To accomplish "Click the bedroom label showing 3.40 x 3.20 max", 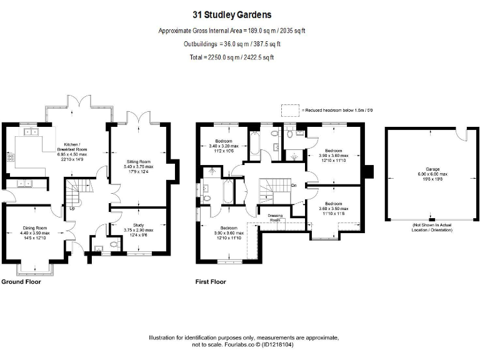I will click(223, 141).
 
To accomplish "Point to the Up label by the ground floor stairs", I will click(72, 208).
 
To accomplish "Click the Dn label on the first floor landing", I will click(293, 186).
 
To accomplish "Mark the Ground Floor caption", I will click(21, 282).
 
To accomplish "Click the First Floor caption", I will click(211, 282).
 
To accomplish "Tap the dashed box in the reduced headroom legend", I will click(291, 110).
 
